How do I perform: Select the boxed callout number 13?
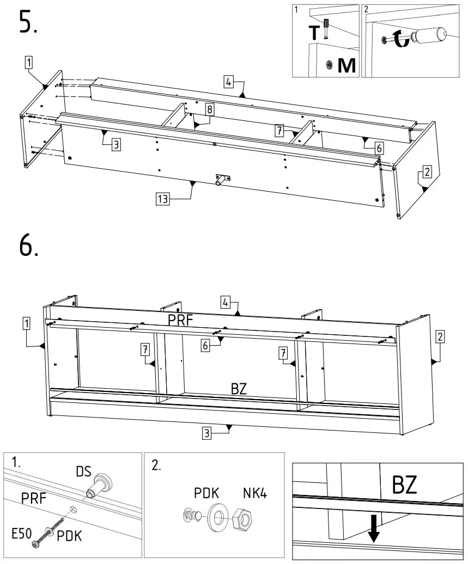coord(162,199)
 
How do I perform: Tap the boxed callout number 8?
coord(209,109)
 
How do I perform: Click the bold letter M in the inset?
coord(346,65)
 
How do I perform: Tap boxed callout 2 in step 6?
coord(441,336)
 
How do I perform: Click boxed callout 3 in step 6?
coord(206,433)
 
